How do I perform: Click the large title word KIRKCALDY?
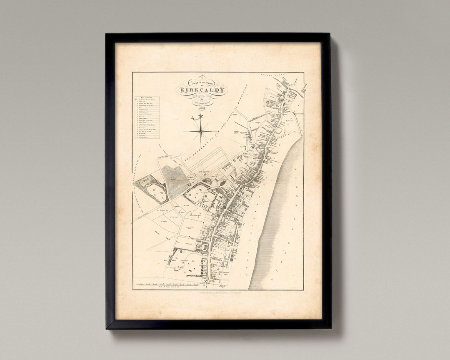[x=202, y=90]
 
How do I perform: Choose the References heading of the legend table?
[x=146, y=99]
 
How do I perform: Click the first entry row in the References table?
[x=147, y=102]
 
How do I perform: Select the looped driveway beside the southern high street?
[x=203, y=247]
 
